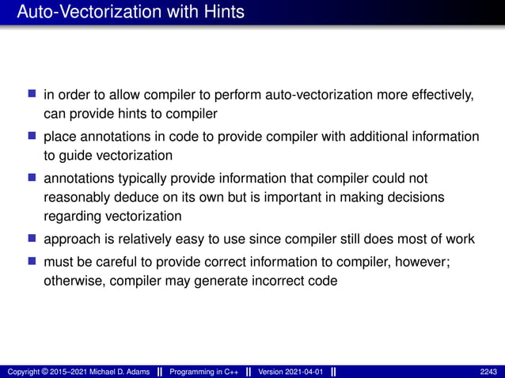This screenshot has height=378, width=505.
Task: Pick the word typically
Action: pos(142,177)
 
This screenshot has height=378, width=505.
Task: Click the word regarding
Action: pos(71,216)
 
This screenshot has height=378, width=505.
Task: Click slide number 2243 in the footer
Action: pos(488,372)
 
